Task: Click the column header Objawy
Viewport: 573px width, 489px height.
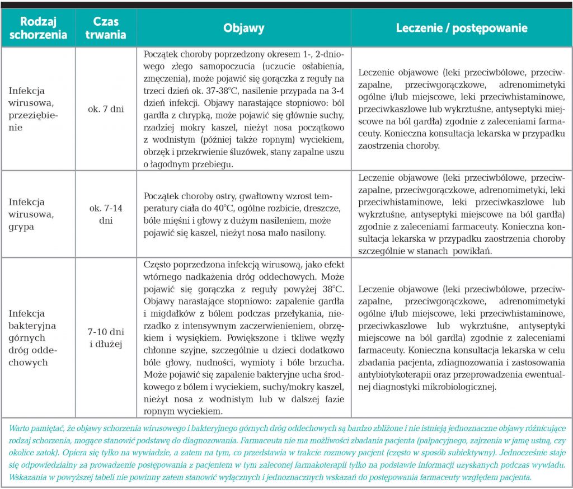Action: [x=244, y=28]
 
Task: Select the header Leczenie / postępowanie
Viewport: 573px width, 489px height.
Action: [x=462, y=28]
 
